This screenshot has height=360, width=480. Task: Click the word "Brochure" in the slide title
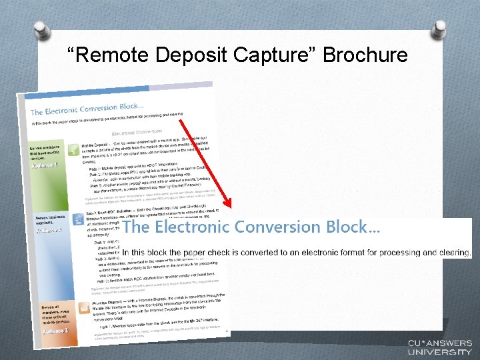pyautogui.click(x=365, y=55)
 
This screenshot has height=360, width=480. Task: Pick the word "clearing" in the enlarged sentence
pyautogui.click(x=453, y=253)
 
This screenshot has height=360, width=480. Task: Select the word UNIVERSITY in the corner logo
pyautogui.click(x=440, y=351)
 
